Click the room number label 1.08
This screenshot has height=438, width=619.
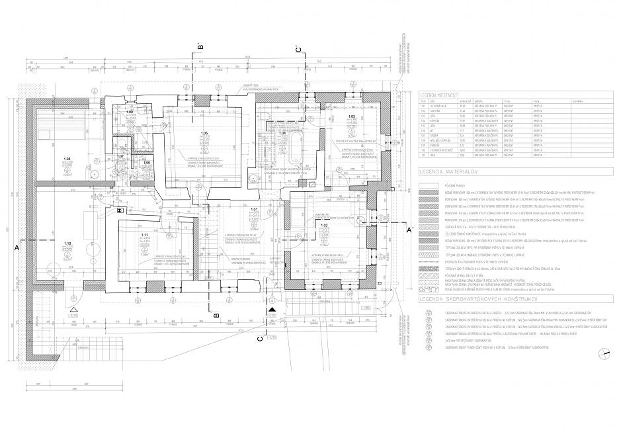click(67, 159)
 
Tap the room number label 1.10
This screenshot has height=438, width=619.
click(67, 244)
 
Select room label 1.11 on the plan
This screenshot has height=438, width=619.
click(143, 235)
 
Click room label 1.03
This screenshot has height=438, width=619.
click(352, 116)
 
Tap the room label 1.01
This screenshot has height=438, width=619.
click(253, 209)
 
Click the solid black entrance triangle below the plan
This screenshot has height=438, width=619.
click(272, 309)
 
